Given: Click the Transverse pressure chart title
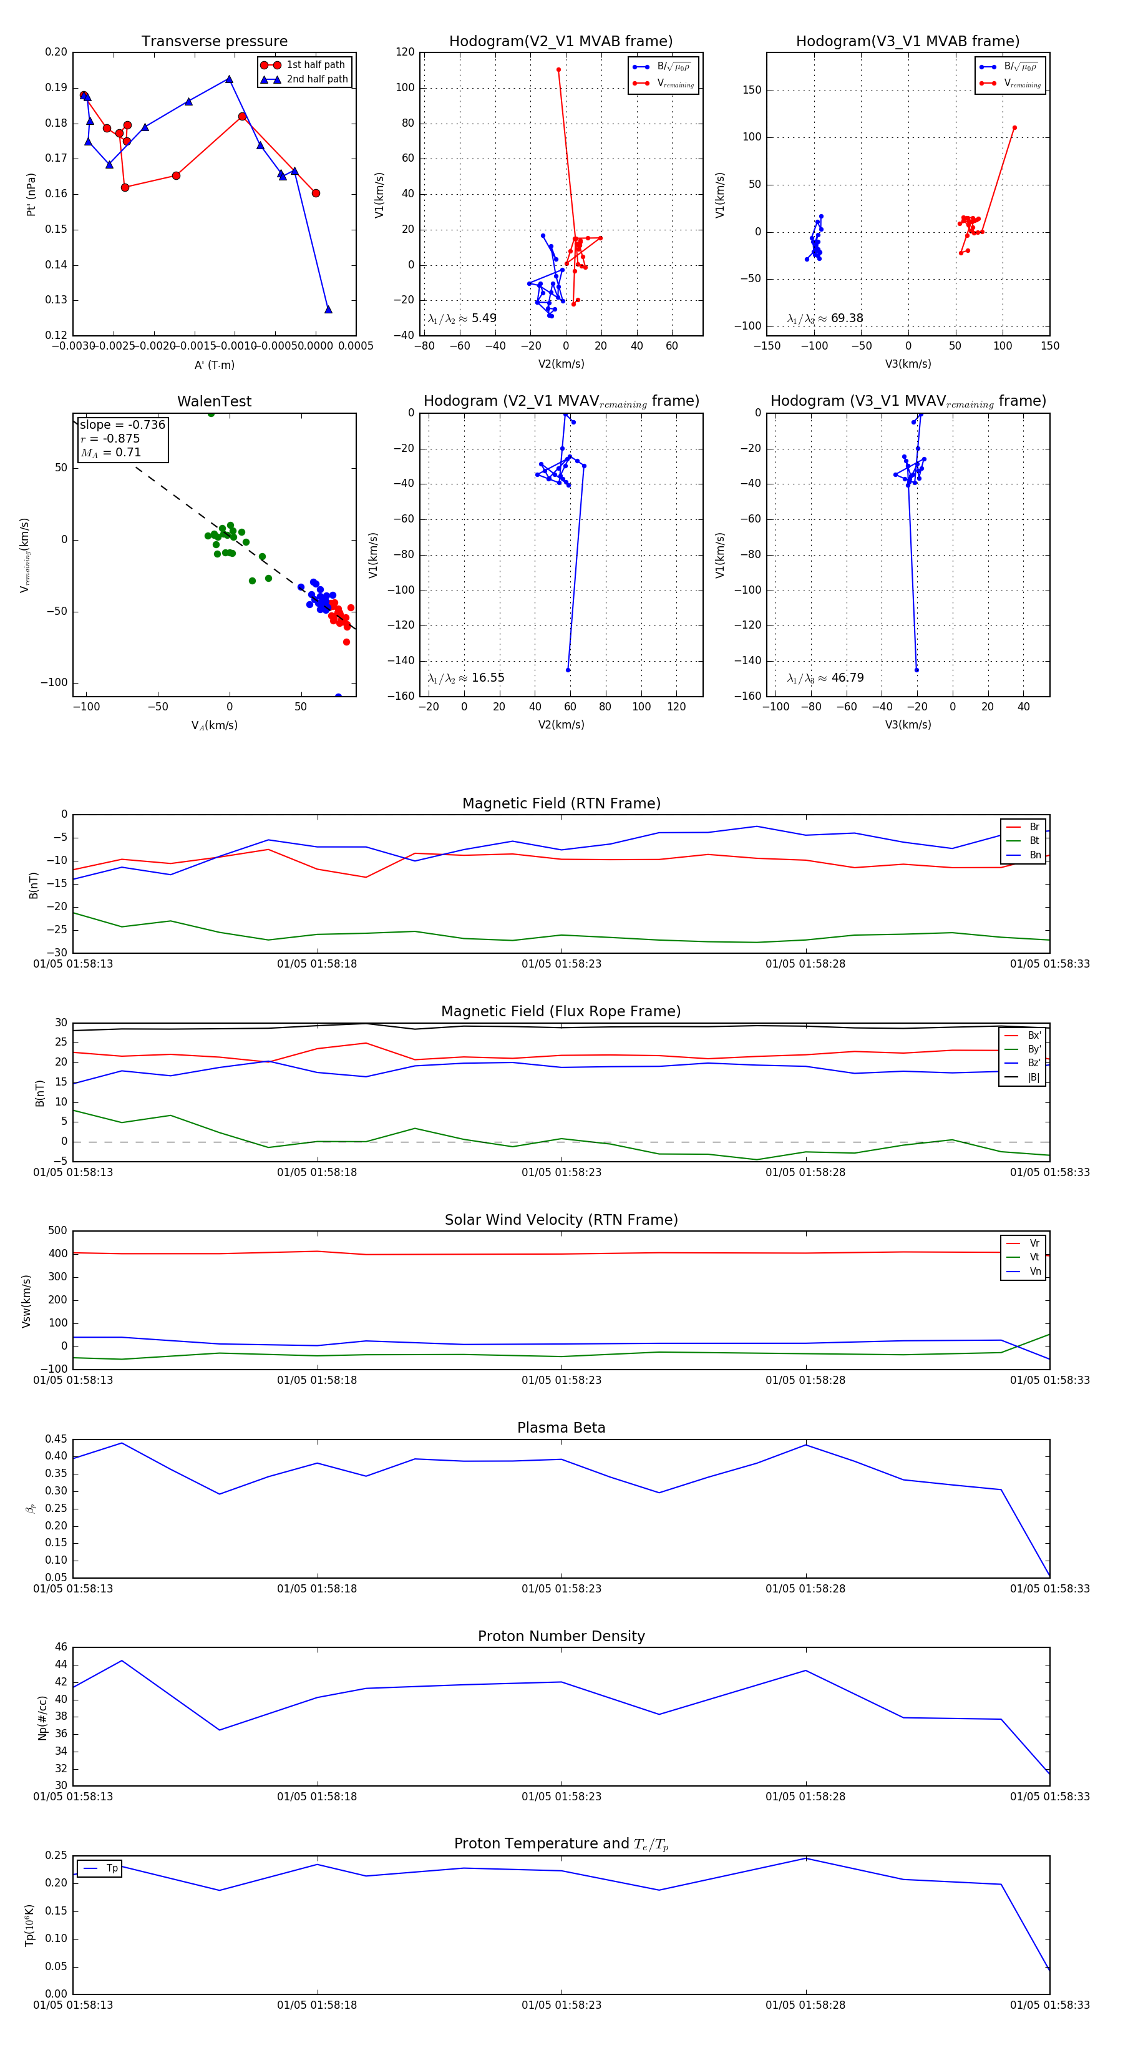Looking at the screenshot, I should (x=214, y=42).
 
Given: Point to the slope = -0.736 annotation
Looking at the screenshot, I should (x=122, y=424).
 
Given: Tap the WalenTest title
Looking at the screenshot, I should (x=214, y=401).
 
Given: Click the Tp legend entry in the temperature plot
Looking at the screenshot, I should (x=111, y=1869).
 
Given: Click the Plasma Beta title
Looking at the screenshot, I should (x=561, y=1428).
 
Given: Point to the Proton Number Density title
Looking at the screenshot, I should (x=561, y=1636).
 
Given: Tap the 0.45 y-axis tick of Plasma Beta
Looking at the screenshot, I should (x=56, y=1439).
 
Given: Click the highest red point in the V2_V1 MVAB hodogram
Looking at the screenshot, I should (x=559, y=69).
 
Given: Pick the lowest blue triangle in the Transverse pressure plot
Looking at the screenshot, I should (x=328, y=310).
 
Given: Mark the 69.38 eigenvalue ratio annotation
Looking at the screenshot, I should (x=847, y=318).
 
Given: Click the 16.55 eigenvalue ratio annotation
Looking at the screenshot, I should (x=487, y=678).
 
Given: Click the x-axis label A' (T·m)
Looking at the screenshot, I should (x=214, y=365).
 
